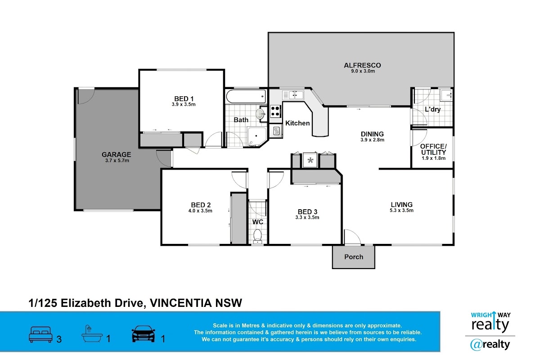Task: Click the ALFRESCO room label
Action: [363, 65]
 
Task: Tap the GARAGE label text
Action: [117, 154]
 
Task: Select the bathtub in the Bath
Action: [246, 96]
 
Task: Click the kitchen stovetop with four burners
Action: [275, 111]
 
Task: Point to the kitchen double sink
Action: [293, 95]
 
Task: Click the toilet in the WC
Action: [257, 236]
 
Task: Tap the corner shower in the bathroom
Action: [257, 137]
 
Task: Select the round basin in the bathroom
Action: [260, 114]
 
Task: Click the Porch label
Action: [354, 257]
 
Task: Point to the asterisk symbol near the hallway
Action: [310, 160]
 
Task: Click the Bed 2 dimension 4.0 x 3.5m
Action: [200, 211]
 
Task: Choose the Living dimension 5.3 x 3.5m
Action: [401, 210]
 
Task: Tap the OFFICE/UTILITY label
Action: [433, 149]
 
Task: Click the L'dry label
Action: [433, 109]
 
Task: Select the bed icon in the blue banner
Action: [40, 334]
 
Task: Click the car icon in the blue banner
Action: [144, 334]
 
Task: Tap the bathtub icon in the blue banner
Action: [92, 334]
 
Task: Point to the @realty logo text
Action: [490, 345]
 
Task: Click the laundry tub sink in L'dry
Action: [446, 95]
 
